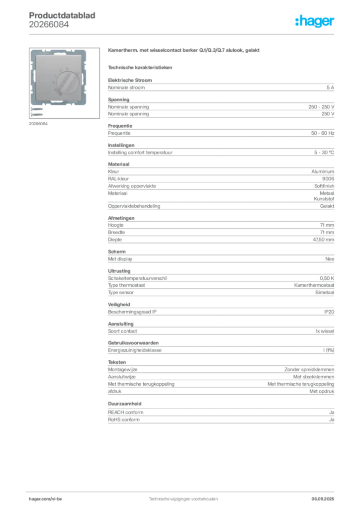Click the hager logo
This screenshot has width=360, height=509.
click(x=314, y=21)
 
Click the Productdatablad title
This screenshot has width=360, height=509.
click(x=62, y=15)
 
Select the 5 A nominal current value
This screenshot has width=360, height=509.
click(x=330, y=87)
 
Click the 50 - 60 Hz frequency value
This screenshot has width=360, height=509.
click(x=322, y=133)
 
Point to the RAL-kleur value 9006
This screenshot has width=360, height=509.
click(x=328, y=179)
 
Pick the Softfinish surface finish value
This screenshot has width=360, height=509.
click(x=324, y=186)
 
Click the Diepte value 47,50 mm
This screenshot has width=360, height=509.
click(x=323, y=240)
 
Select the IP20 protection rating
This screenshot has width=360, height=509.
click(x=329, y=312)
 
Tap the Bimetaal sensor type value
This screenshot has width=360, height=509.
click(x=325, y=292)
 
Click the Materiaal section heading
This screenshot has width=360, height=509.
click(x=118, y=164)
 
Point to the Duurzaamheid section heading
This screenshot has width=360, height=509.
click(x=125, y=404)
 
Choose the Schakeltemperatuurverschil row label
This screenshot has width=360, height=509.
click(x=138, y=278)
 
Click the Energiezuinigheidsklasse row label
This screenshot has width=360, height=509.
click(x=135, y=350)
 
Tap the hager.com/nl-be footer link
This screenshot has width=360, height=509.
click(x=45, y=499)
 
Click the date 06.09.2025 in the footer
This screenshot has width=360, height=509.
click(x=323, y=499)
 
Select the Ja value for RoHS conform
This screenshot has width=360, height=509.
click(x=332, y=420)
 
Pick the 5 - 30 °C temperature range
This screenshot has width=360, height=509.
click(x=324, y=153)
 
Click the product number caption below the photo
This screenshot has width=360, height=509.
click(x=38, y=124)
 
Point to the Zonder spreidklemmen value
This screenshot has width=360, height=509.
click(x=309, y=370)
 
